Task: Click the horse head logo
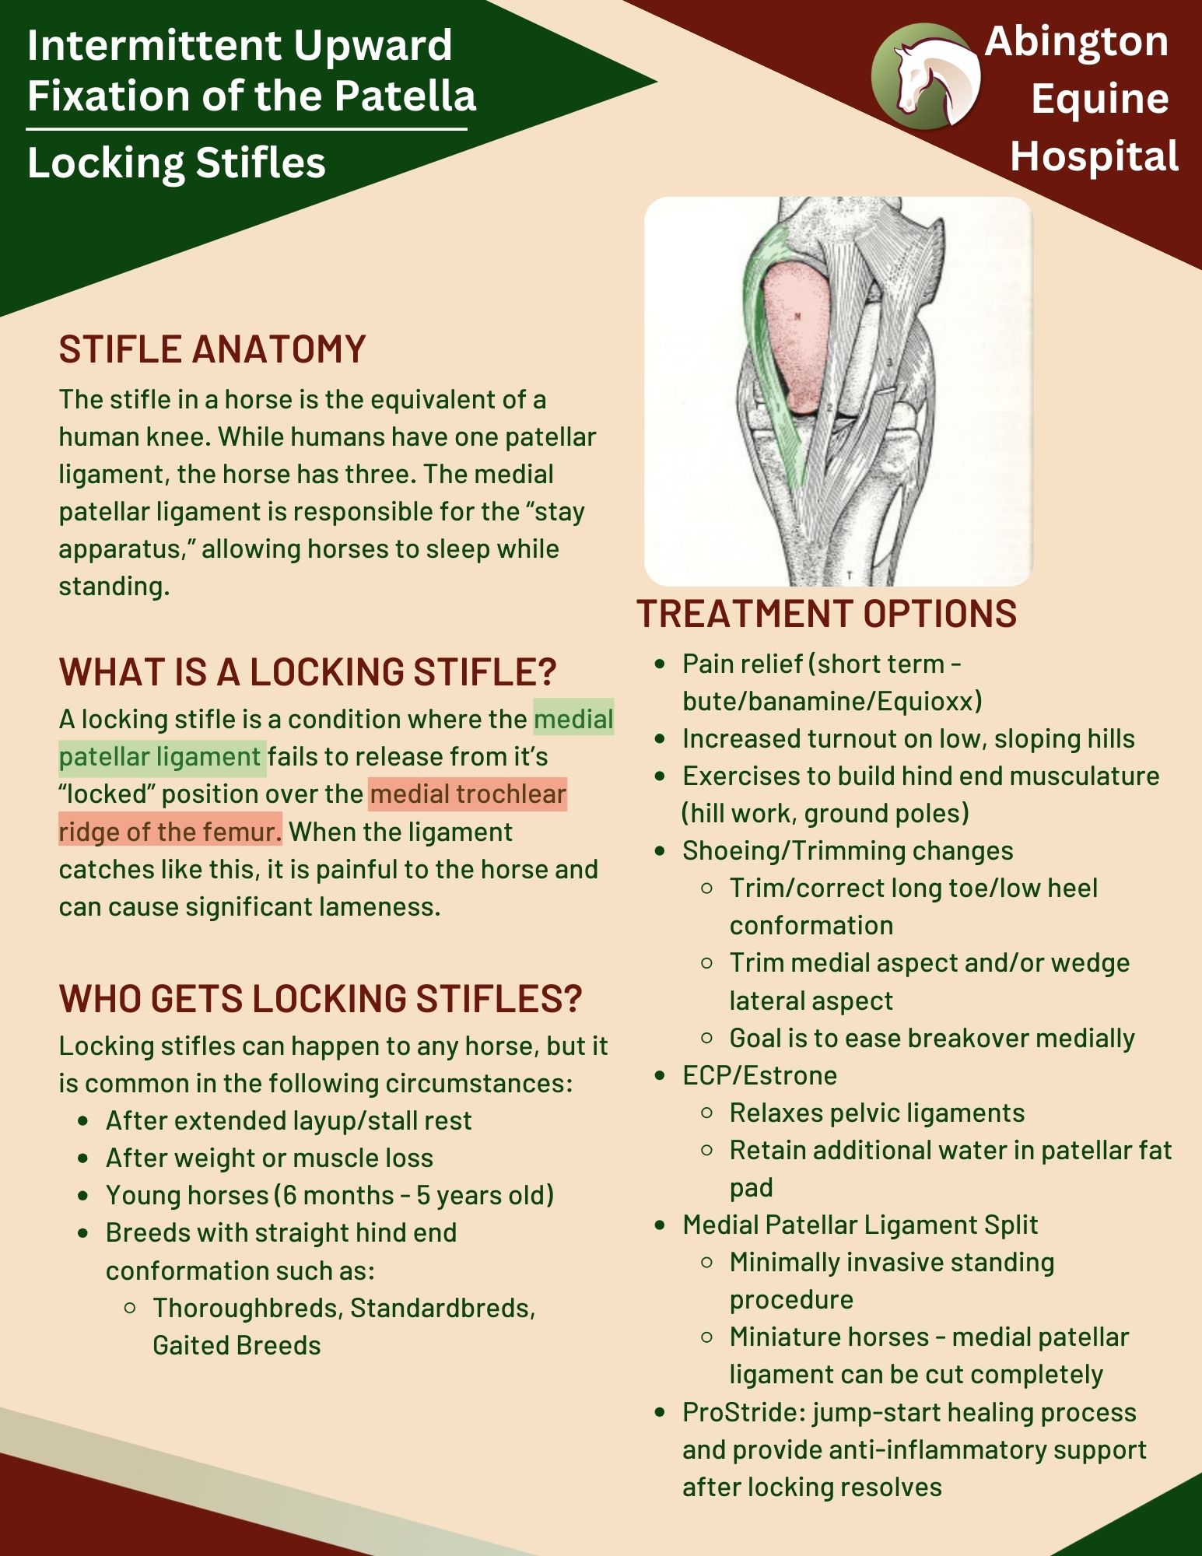tap(926, 75)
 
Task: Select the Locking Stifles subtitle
tap(177, 163)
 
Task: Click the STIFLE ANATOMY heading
tap(212, 349)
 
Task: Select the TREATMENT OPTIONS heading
tap(826, 614)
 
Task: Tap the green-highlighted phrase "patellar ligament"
tap(160, 757)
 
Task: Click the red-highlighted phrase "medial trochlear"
tap(468, 794)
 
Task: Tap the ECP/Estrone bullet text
tap(759, 1076)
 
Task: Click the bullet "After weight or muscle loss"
tap(269, 1158)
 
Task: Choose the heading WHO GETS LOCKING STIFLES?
tap(321, 999)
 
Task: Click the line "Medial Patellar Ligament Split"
tap(860, 1225)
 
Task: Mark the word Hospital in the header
tap(1094, 156)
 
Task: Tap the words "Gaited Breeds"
tap(237, 1346)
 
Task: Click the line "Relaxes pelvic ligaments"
tap(877, 1113)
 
